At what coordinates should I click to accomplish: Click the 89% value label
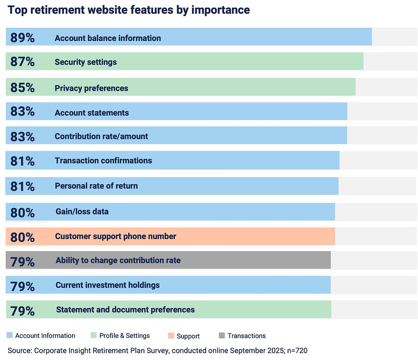(x=22, y=38)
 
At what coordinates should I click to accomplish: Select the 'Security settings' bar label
(x=85, y=62)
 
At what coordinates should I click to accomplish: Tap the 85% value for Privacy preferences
(x=22, y=88)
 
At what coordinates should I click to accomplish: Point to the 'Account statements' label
(x=92, y=113)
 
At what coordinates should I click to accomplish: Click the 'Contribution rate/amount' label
(x=101, y=136)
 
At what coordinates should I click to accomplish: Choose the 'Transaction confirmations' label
(x=103, y=161)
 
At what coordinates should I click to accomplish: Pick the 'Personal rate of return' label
(x=96, y=186)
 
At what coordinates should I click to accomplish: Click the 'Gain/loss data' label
(x=82, y=211)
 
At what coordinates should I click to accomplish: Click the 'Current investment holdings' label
(x=108, y=285)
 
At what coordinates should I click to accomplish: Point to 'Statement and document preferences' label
(x=126, y=310)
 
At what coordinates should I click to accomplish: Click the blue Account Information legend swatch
(x=10, y=335)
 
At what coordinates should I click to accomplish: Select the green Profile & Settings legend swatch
(x=94, y=335)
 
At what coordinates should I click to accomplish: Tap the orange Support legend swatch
(x=171, y=336)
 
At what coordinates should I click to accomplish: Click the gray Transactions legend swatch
(x=221, y=335)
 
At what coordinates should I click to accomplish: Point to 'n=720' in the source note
(x=296, y=350)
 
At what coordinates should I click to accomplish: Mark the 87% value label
(x=22, y=62)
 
